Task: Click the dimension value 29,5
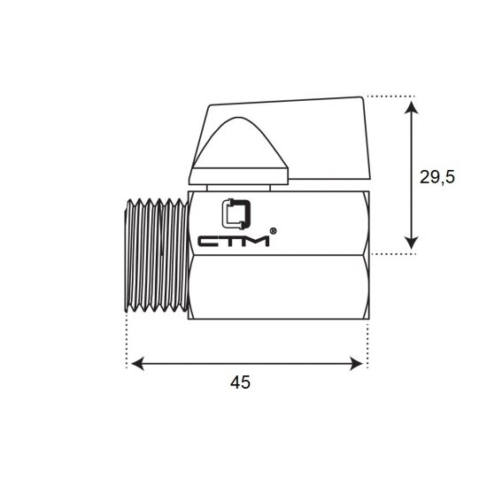pos(437,178)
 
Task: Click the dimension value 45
pos(240,382)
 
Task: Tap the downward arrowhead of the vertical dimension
pos(412,243)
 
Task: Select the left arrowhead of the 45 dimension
pos(137,364)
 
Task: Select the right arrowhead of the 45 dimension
pos(356,364)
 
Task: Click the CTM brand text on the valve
pos(234,242)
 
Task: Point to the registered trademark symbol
pos(273,231)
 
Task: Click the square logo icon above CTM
pos(236,214)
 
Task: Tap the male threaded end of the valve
pos(156,255)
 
